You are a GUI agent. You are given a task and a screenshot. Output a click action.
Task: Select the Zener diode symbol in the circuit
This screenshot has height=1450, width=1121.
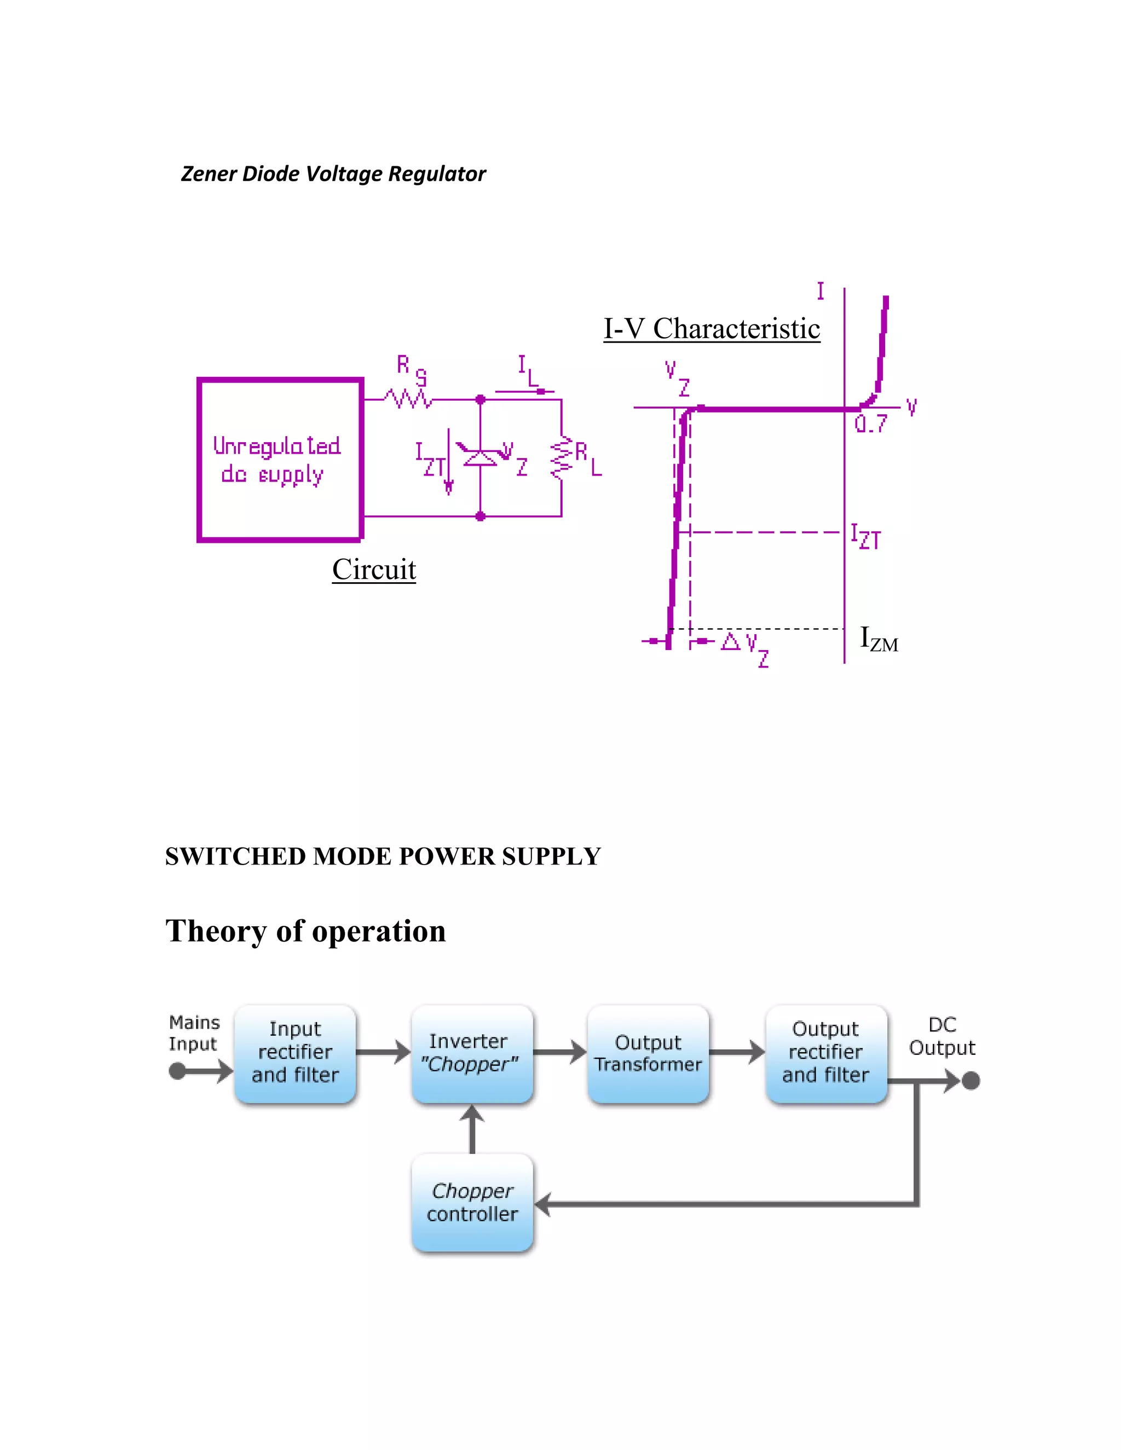[x=480, y=457]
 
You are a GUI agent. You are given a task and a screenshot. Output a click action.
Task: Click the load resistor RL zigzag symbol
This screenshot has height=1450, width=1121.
[x=561, y=457]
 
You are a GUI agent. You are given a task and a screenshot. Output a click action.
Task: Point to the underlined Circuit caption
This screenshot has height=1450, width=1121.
[x=374, y=570]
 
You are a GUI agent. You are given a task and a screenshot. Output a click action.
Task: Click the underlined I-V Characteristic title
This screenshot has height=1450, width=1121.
[x=711, y=329]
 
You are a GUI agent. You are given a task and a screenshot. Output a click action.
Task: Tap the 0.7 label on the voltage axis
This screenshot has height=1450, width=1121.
[x=871, y=424]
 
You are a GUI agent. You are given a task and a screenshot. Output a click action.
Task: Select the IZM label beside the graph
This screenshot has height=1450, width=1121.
[x=879, y=639]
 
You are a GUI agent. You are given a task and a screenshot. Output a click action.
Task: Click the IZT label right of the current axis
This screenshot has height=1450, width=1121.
[x=866, y=536]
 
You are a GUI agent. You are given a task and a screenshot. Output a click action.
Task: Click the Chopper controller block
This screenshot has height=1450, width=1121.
[x=472, y=1202]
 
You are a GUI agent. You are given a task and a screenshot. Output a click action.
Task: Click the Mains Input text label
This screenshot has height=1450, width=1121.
[x=193, y=1033]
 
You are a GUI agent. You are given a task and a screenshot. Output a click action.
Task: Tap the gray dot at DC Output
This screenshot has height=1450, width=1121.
[x=971, y=1081]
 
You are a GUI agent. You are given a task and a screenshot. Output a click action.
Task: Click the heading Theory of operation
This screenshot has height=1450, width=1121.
[x=305, y=931]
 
